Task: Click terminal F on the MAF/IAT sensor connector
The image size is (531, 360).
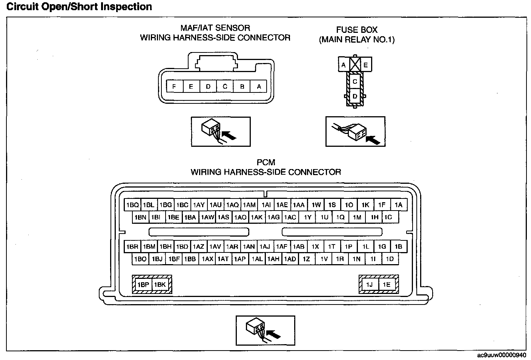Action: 175,86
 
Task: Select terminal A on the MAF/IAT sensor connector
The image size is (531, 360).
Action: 259,86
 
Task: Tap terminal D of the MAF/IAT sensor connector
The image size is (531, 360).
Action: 208,86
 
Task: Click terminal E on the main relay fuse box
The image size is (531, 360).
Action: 366,65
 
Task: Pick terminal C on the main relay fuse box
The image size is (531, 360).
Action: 355,82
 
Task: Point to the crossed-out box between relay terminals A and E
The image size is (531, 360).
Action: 355,64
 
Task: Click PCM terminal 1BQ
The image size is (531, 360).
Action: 132,205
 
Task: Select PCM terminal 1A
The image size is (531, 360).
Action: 399,205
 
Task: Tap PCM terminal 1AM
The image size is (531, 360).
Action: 249,205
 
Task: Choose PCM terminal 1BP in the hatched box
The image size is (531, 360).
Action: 143,285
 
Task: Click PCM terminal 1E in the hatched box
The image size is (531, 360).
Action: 387,285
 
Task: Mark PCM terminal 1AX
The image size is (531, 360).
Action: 207,259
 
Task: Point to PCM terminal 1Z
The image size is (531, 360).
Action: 307,259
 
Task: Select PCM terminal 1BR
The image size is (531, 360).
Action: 132,246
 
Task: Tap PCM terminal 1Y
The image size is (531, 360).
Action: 307,217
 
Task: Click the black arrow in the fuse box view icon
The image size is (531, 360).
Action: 373,140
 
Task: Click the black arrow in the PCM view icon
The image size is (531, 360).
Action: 273,334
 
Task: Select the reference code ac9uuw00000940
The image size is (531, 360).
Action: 501,355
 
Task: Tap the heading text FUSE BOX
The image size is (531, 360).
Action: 357,30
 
